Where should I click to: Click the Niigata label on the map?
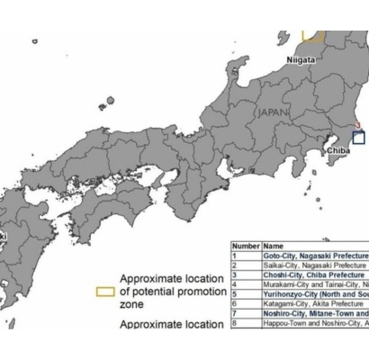[301, 59]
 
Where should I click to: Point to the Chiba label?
[338, 150]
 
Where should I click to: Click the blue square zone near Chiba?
[358, 138]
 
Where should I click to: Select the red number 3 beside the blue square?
[358, 127]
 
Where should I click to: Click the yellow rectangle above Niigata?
[312, 35]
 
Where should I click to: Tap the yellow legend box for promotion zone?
[105, 292]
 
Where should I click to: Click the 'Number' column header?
[246, 246]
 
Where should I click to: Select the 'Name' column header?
[273, 246]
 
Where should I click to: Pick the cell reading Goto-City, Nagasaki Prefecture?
[315, 256]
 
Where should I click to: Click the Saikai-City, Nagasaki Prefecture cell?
[315, 266]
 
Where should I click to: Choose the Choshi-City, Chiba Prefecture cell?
[314, 275]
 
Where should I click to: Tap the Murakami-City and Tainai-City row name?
[315, 284]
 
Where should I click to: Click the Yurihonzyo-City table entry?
[315, 294]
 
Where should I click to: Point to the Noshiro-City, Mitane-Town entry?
[315, 313]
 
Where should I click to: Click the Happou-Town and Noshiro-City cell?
[315, 322]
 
